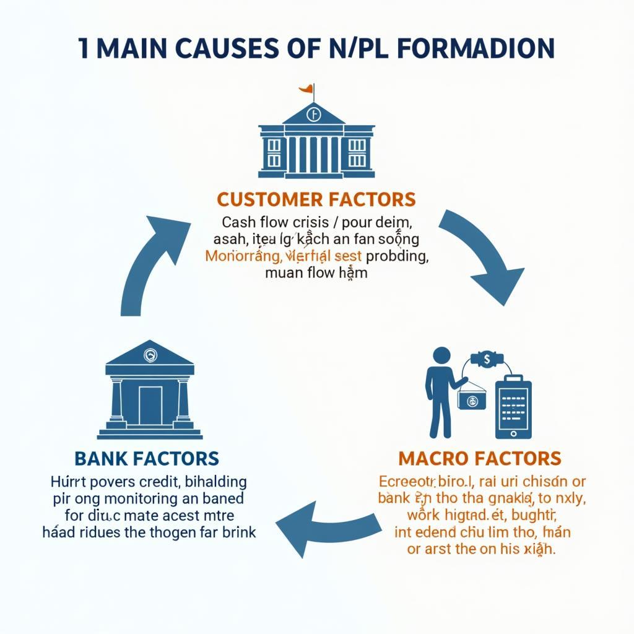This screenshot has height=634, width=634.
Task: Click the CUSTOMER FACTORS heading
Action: click(316, 199)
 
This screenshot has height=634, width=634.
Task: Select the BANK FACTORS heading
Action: click(147, 459)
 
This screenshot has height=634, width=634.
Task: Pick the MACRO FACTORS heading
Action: click(480, 459)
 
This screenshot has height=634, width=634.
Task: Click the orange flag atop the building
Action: click(306, 90)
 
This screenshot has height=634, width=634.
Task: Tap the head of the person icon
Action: click(441, 357)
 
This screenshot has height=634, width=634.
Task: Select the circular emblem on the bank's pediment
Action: click(150, 355)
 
